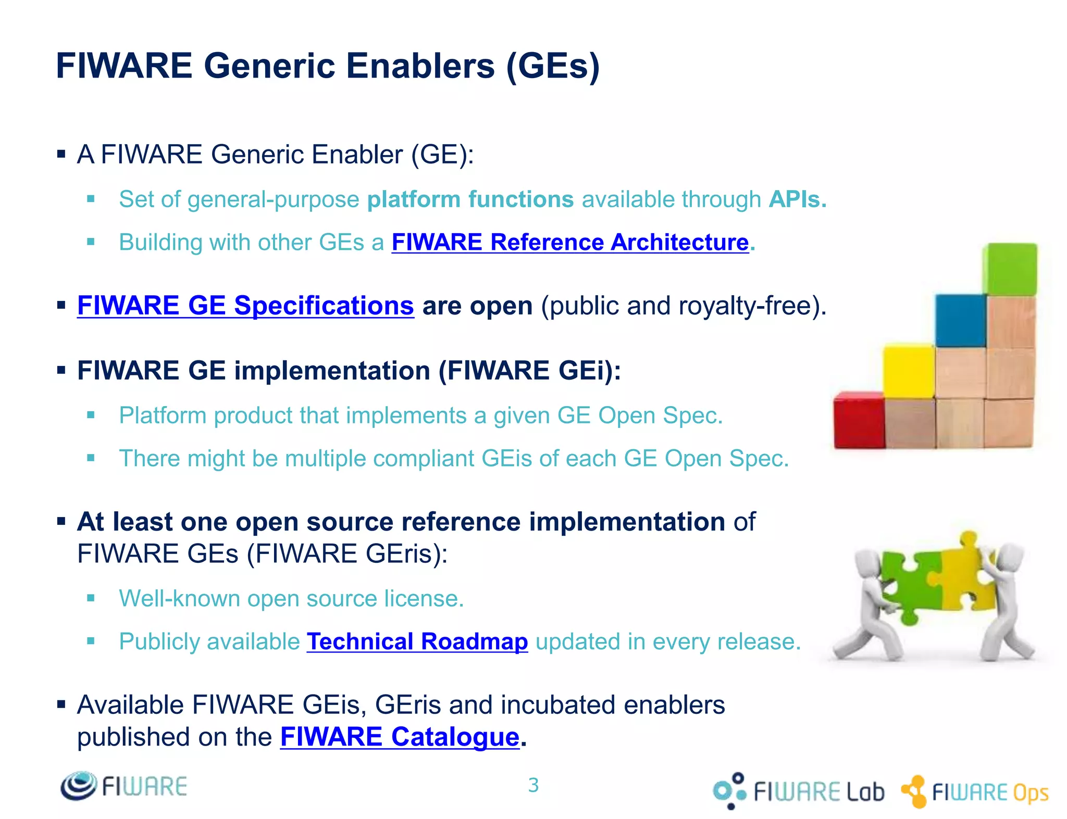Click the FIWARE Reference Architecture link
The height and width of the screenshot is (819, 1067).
pyautogui.click(x=570, y=242)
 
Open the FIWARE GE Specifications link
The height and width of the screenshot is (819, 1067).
pyautogui.click(x=245, y=306)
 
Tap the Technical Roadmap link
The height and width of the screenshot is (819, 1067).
pyautogui.click(x=417, y=641)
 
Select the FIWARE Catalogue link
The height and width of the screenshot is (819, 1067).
pyautogui.click(x=400, y=737)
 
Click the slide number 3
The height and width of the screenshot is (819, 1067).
pyautogui.click(x=533, y=785)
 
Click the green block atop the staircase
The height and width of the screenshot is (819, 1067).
pyautogui.click(x=1009, y=269)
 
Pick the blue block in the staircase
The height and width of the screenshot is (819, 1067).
pyautogui.click(x=960, y=321)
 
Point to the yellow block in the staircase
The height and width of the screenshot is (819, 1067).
pyautogui.click(x=909, y=371)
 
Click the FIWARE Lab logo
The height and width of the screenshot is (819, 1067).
pyautogui.click(x=799, y=791)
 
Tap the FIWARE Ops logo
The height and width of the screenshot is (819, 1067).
pyautogui.click(x=975, y=792)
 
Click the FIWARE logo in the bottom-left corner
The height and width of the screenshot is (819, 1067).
pyautogui.click(x=123, y=786)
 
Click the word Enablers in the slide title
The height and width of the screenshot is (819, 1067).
pyautogui.click(x=420, y=66)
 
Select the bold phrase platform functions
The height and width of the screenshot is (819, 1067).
pyautogui.click(x=470, y=199)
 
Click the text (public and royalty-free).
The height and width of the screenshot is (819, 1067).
pyautogui.click(x=684, y=306)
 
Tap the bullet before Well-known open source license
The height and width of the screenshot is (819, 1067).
pyautogui.click(x=91, y=598)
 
